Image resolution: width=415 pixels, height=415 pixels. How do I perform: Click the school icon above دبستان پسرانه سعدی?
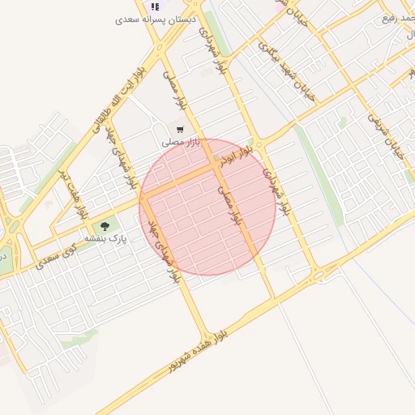pos(155,7)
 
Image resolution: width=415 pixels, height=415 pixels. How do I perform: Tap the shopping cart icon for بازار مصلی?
pos(179,129)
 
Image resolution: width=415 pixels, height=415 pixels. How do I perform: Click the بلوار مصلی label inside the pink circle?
pos(230,204)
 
